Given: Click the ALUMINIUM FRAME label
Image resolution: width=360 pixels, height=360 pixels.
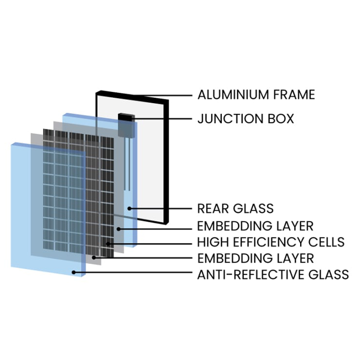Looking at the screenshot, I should click(256, 95).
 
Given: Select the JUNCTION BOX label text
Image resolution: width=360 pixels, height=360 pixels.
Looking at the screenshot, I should click(246, 119).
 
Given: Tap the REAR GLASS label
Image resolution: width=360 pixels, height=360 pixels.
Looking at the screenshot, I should click(235, 208).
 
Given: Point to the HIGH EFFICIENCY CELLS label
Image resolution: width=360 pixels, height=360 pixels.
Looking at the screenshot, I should click(271, 242).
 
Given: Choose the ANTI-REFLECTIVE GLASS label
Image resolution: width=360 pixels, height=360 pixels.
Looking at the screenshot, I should click(273, 274).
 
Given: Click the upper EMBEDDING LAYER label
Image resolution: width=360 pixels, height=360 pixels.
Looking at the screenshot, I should click(256, 225).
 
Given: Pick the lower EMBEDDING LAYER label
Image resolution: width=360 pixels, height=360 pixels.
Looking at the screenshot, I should click(256, 258).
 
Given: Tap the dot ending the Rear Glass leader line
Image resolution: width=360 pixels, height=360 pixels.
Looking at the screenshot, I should click(129, 208).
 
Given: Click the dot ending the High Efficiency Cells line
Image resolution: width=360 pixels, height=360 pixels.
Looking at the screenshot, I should click(108, 244).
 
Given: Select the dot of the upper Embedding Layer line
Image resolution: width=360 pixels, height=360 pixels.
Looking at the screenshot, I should click(118, 229).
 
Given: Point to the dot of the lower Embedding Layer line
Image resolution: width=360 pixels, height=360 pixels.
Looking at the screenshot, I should click(94, 257).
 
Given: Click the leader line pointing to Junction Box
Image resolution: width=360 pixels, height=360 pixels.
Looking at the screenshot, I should click(162, 119).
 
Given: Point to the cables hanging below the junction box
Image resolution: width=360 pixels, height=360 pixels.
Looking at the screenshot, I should click(128, 162).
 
